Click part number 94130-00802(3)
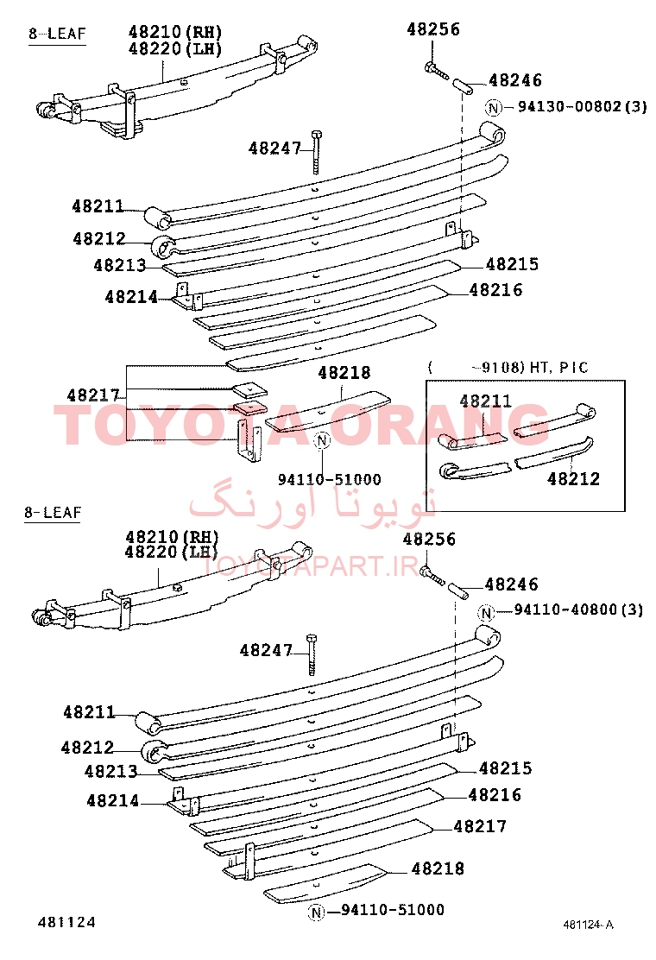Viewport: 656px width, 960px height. pos(583,106)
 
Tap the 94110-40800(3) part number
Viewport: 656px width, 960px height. pos(578,609)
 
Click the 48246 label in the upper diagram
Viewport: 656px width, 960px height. pos(515,80)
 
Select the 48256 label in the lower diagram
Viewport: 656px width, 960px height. pos(429,540)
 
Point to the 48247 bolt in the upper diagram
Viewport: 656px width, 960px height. pos(317,152)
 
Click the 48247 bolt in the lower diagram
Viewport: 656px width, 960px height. pos(312,654)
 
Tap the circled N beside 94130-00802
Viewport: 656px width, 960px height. pos(494,108)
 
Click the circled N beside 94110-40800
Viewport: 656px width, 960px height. pos(487,612)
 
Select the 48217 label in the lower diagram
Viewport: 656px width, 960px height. pos(480,826)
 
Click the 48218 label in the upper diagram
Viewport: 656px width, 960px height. pos(344,372)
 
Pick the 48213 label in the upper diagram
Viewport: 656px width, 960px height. pos(120,265)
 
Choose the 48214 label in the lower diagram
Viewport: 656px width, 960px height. pos(112,800)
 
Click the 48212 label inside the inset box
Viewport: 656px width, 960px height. pos(573,478)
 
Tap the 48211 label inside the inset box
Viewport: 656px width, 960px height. pos(485,401)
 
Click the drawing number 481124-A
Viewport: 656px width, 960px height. pos(588,925)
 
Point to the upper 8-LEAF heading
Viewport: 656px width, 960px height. pos(57,34)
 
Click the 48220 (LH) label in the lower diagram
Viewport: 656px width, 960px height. pos(172,553)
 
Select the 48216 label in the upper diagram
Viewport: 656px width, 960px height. pos(495,289)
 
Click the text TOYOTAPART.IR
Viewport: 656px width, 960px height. pos(310,566)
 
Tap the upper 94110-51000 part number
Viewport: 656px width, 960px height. pos(329,479)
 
